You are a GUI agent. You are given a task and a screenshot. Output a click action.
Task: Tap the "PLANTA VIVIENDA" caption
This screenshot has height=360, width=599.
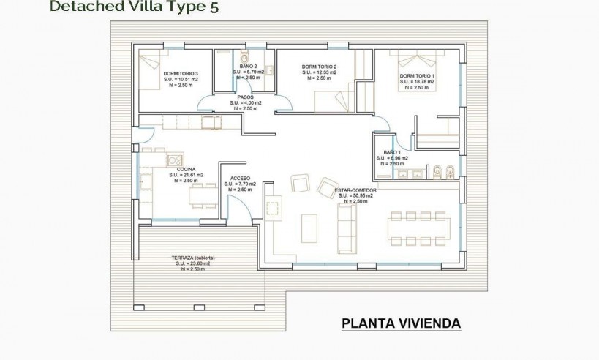[x=401, y=323]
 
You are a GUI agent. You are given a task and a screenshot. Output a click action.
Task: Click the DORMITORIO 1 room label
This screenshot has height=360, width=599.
[x=418, y=77]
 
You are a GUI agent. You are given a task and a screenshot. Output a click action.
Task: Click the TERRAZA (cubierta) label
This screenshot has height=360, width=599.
[x=193, y=258]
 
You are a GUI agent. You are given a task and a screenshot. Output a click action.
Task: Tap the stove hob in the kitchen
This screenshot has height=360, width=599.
[x=174, y=160]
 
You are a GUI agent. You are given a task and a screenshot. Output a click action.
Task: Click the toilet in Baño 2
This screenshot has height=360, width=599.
[x=245, y=58]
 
